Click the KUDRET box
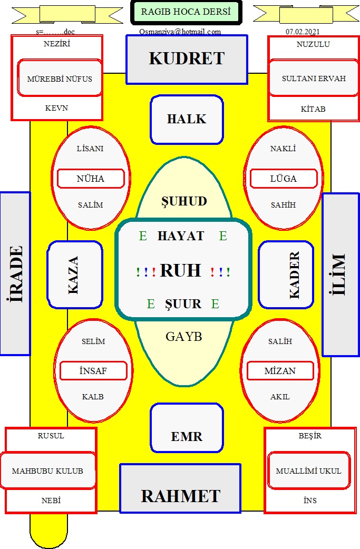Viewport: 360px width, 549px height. point(187,59)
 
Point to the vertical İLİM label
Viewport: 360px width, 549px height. point(340,274)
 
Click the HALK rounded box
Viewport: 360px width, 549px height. point(187,120)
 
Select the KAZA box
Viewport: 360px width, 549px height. point(75,274)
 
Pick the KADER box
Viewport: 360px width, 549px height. point(286,274)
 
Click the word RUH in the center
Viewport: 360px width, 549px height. point(180,270)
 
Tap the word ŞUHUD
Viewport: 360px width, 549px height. point(183,201)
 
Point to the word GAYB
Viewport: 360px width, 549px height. point(183,337)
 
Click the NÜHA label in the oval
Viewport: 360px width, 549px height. point(91,179)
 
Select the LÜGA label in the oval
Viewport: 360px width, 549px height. point(284,179)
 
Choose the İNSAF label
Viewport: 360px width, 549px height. point(93,371)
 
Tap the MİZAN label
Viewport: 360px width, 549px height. point(280,371)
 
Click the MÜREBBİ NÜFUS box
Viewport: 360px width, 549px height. point(60,79)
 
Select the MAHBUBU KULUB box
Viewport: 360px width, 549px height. point(47,471)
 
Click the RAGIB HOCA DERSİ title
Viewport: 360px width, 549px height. point(186,12)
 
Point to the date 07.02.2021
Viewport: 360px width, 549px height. point(303,32)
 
